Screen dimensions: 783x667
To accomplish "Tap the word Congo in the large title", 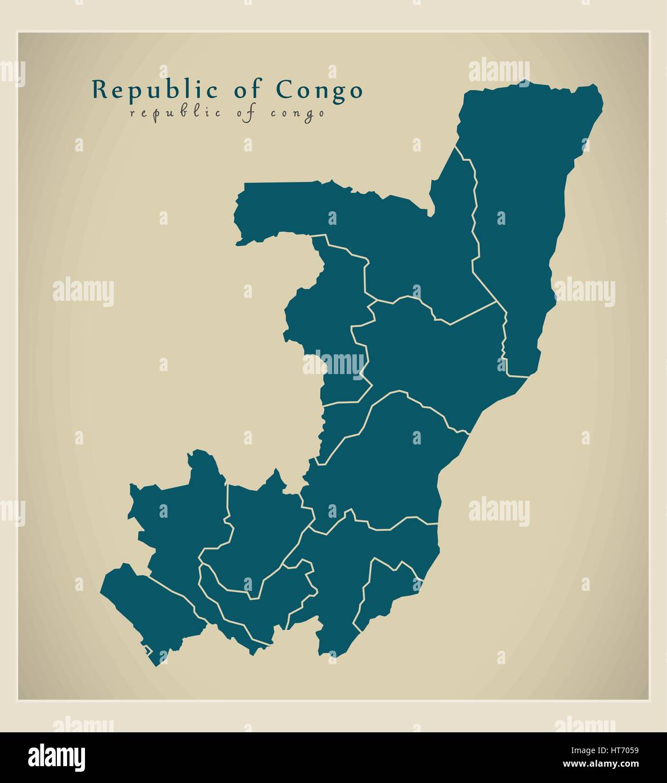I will [319, 90].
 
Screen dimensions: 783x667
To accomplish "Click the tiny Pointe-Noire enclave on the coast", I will [147, 651].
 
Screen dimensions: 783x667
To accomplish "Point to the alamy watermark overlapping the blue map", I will [334, 364].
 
